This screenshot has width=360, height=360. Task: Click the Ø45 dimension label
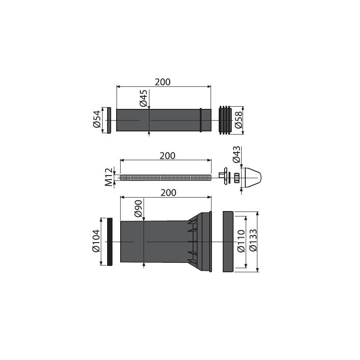pos(143,98)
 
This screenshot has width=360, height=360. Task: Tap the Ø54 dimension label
pos(97,119)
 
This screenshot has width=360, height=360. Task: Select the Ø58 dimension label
pos(238,120)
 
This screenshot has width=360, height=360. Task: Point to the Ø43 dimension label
pos(237,154)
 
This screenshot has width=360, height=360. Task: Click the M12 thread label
pos(109,177)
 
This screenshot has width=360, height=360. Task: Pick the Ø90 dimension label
pos(139,208)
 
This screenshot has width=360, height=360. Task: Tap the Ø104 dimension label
pos(96,240)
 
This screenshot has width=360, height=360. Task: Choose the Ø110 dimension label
pos(241,241)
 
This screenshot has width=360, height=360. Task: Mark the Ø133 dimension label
pos(253,240)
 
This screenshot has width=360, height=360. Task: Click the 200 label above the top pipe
pos(162,82)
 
